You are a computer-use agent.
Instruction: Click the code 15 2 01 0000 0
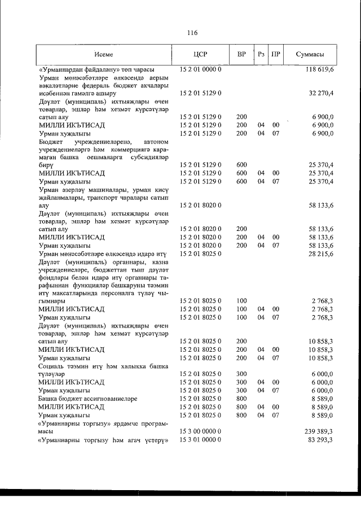pos(200,69)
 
